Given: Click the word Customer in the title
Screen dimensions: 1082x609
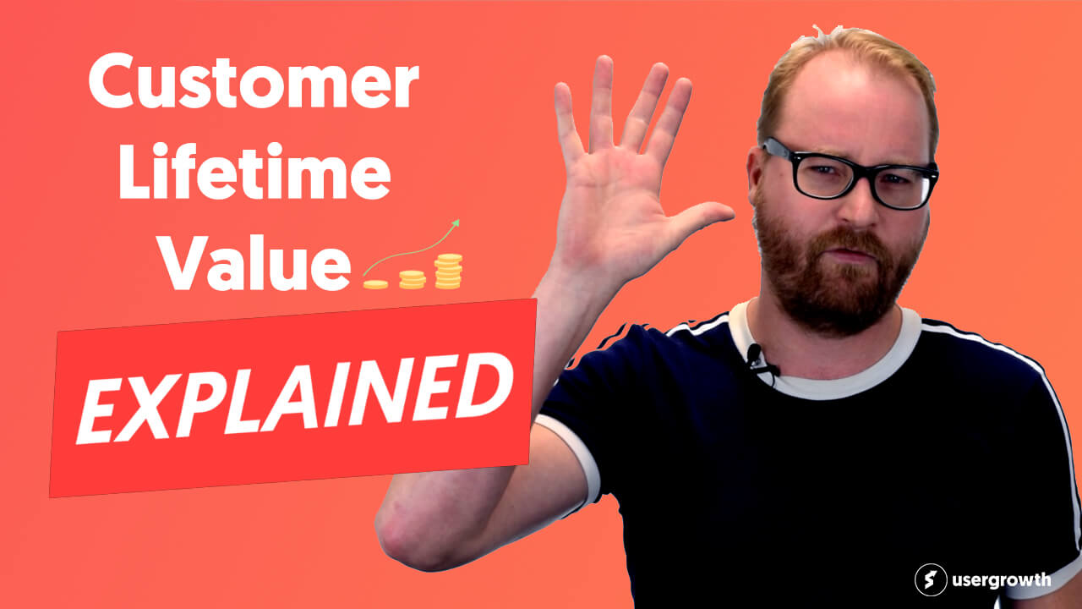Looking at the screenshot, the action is [254, 80].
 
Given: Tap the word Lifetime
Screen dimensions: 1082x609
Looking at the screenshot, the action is [254, 171].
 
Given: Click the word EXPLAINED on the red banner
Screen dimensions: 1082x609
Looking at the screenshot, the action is [295, 399].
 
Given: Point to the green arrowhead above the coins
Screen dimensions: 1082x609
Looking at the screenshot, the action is [455, 222].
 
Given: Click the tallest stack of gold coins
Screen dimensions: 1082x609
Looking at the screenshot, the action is [448, 272].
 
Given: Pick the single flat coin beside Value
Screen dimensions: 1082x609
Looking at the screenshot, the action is [375, 284].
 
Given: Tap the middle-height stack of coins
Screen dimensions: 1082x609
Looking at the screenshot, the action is [413, 279].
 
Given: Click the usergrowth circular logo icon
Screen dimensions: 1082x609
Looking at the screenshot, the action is [931, 579].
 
